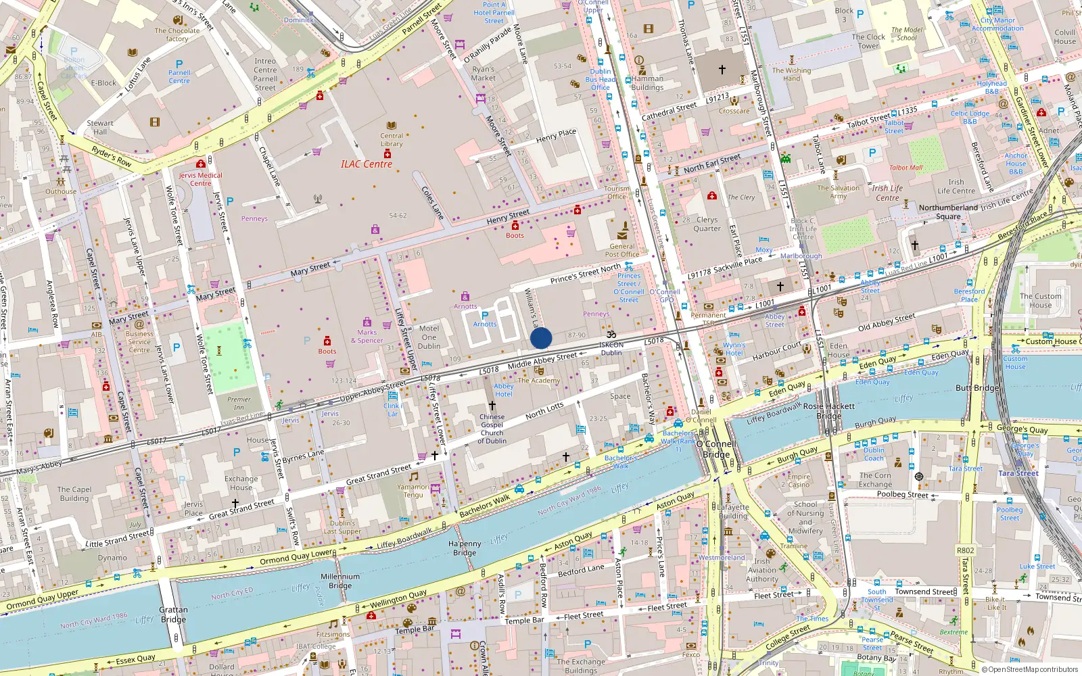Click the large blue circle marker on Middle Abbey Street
(x=541, y=338)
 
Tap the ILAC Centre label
(x=366, y=164)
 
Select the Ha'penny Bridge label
(x=465, y=548)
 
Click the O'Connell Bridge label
(x=717, y=449)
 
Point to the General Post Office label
(x=621, y=250)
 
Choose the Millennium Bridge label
(x=340, y=581)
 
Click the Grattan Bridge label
(x=173, y=614)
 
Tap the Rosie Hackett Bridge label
(x=828, y=411)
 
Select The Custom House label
(x=1040, y=301)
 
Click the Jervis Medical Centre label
(x=200, y=179)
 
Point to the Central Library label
(x=391, y=139)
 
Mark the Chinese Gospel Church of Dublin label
(x=492, y=429)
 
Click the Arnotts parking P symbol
(x=484, y=316)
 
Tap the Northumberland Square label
(x=948, y=212)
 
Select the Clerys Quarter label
(x=707, y=224)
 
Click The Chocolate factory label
(x=177, y=34)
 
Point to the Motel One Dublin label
(x=429, y=337)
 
